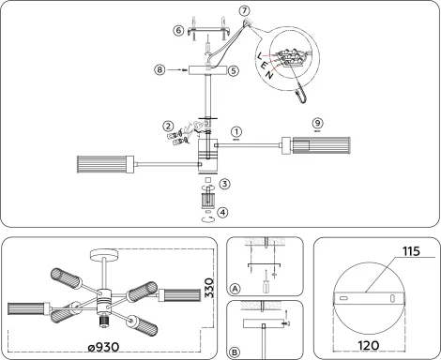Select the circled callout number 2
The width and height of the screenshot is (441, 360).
click(168, 125)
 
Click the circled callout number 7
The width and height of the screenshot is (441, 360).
click(246, 11)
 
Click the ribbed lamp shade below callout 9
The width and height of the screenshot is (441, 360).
click(315, 145)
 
